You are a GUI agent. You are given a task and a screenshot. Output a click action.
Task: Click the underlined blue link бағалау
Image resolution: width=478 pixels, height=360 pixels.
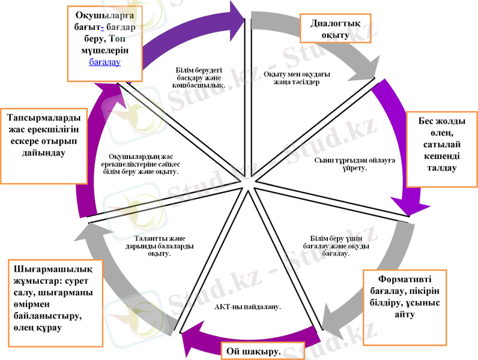(x=105, y=61)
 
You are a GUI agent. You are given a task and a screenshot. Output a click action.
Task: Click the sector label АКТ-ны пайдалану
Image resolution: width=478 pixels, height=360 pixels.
(x=247, y=307)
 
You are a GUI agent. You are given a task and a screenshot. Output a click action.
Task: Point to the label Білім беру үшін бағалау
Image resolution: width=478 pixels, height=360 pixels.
(x=336, y=245)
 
